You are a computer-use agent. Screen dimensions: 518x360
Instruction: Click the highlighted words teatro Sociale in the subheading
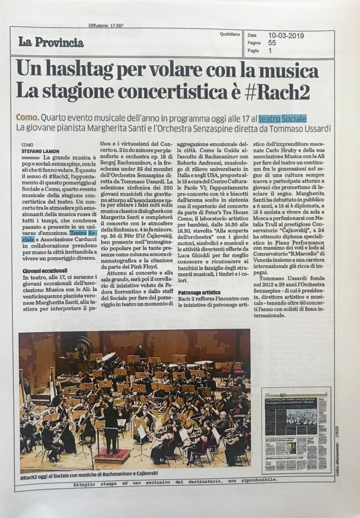click(x=282, y=118)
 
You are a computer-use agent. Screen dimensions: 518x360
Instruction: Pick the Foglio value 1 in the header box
click(x=270, y=51)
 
